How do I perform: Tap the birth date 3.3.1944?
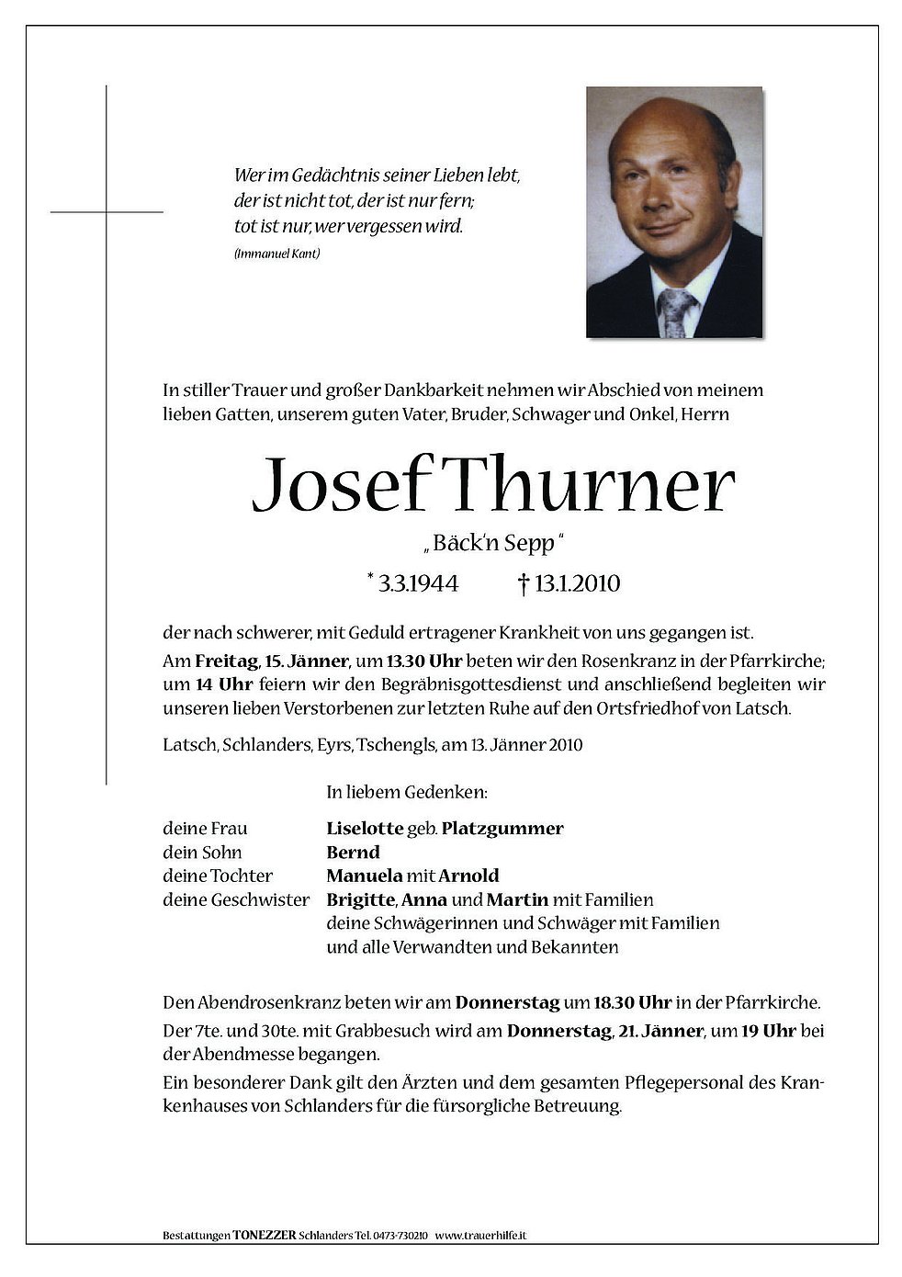click(x=418, y=582)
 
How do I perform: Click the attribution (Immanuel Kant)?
click(x=276, y=254)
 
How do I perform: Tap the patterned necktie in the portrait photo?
click(x=677, y=311)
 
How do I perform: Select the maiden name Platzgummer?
click(x=502, y=828)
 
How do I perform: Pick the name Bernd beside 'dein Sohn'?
click(x=353, y=852)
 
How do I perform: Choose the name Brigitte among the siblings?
click(x=360, y=899)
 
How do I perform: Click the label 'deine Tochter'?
click(x=218, y=876)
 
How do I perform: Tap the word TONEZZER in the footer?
click(x=265, y=1235)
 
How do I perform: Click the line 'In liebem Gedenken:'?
click(x=406, y=790)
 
